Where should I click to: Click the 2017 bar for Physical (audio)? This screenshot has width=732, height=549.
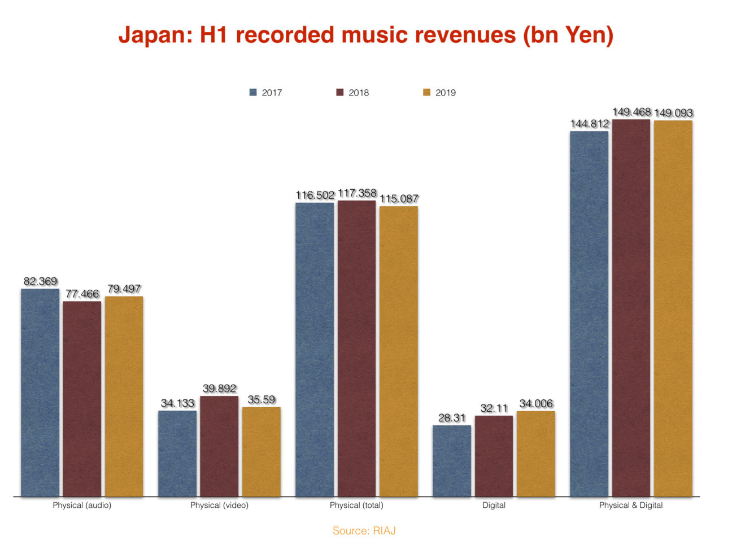pyautogui.click(x=40, y=393)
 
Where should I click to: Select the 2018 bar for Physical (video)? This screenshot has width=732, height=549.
pyautogui.click(x=219, y=446)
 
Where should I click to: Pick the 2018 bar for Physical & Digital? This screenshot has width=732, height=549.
pyautogui.click(x=631, y=308)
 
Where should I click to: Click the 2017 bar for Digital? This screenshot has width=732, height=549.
pyautogui.click(x=452, y=461)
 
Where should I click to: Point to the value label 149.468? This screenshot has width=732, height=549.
pyautogui.click(x=631, y=112)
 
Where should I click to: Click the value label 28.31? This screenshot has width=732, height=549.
pyautogui.click(x=452, y=418)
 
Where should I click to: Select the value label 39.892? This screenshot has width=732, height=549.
pyautogui.click(x=219, y=389)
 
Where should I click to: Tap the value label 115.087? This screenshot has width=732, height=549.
pyautogui.click(x=399, y=199)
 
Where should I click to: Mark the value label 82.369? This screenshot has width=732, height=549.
pyautogui.click(x=40, y=281)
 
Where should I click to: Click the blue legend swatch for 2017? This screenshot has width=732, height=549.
pyautogui.click(x=253, y=93)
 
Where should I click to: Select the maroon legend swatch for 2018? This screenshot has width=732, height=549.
pyautogui.click(x=340, y=93)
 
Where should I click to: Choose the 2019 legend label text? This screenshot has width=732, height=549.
pyautogui.click(x=446, y=93)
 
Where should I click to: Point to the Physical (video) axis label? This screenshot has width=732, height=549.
pyautogui.click(x=219, y=505)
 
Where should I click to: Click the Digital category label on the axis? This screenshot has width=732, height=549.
pyautogui.click(x=494, y=505)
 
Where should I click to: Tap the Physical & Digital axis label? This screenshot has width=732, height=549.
pyautogui.click(x=631, y=505)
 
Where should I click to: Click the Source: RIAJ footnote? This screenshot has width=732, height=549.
pyautogui.click(x=364, y=530)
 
